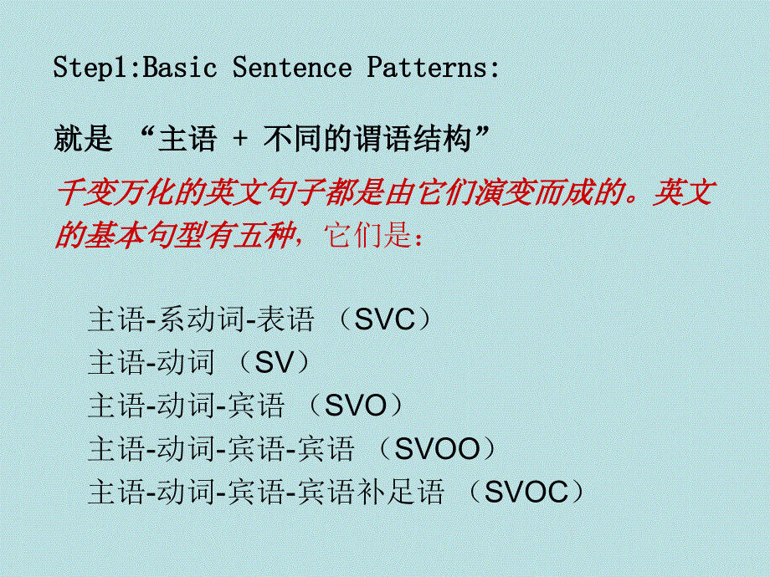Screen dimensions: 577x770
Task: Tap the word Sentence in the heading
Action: coord(292,68)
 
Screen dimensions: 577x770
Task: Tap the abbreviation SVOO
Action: coord(437,450)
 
